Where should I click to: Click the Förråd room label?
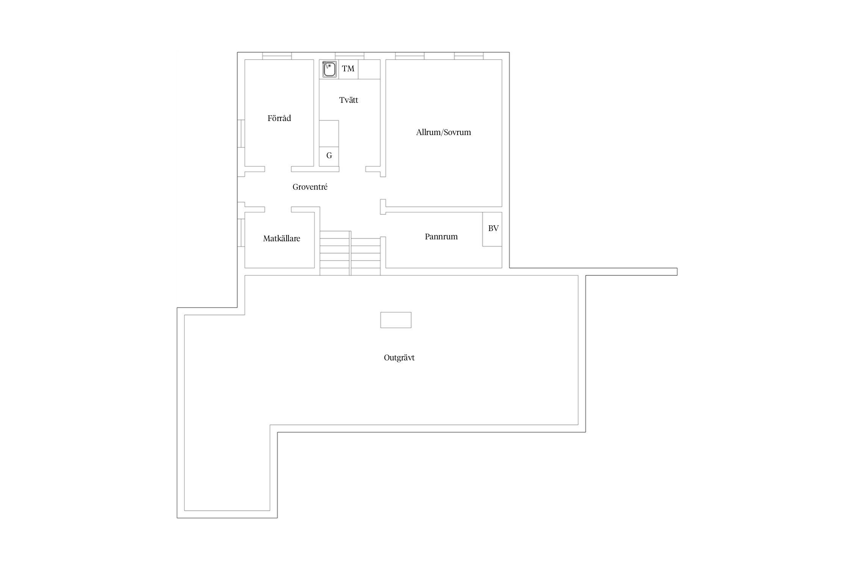[x=279, y=118]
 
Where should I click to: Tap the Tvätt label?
[x=348, y=100]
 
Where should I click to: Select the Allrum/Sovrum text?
[x=444, y=132]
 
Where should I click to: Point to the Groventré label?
[x=310, y=187]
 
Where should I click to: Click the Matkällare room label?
[x=282, y=239]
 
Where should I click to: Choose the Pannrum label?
[x=441, y=237]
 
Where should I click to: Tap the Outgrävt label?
[x=399, y=358]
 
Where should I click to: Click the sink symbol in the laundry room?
[x=329, y=69]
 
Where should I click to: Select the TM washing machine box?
[x=348, y=69]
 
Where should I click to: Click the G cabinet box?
[x=329, y=156]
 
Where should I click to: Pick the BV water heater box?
[x=492, y=229]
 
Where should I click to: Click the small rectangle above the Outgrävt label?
[x=396, y=320]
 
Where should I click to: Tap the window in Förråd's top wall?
[x=277, y=56]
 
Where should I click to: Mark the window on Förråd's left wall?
[x=241, y=134]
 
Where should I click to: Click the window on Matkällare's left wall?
[x=241, y=233]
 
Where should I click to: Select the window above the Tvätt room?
[x=350, y=56]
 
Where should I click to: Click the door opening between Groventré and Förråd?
[x=278, y=169]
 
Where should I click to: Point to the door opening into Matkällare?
[x=278, y=209]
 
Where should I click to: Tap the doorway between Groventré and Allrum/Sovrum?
[x=383, y=188]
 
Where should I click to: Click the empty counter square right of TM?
[x=369, y=69]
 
